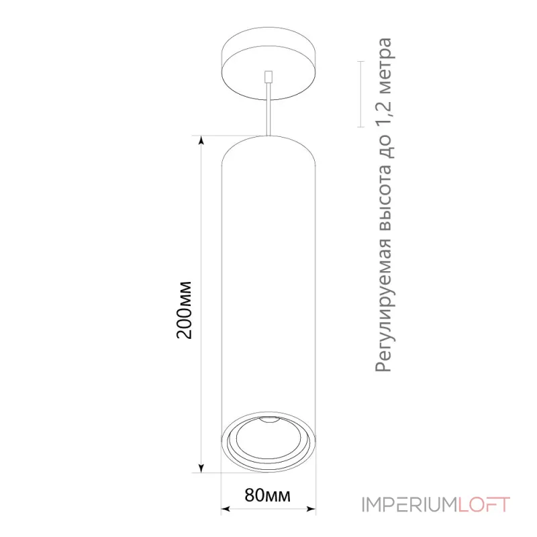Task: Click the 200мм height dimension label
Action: point(184,310)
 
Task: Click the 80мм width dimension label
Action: point(267,495)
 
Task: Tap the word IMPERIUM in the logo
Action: point(409,505)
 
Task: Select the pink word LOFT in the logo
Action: point(484,505)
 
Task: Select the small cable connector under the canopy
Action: point(268,77)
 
